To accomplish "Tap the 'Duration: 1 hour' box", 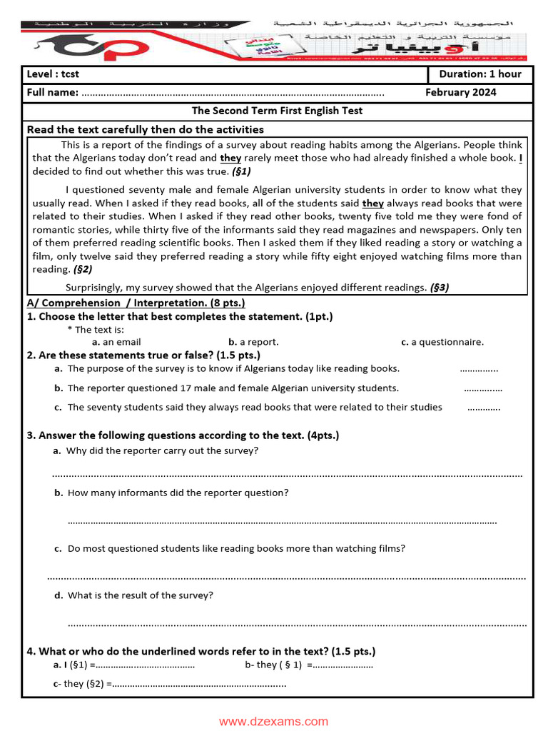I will [x=479, y=74].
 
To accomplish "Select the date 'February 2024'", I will [x=460, y=92].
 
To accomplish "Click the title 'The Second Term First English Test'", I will [x=277, y=111].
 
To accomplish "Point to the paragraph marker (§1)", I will [x=241, y=171].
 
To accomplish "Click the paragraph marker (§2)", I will [x=82, y=269].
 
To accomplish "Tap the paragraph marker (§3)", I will [x=439, y=287].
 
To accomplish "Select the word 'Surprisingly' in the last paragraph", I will [x=94, y=287].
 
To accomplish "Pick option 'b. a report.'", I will [x=253, y=342].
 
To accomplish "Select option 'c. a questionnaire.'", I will [x=442, y=342].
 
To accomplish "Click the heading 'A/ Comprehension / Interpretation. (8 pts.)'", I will [x=136, y=303].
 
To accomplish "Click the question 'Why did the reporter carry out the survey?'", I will [x=162, y=450].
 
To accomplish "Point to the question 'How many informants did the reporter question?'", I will [x=178, y=493].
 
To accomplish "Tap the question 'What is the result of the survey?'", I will [x=140, y=595].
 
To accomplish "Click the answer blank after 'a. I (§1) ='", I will [x=145, y=665].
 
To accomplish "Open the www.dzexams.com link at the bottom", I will [x=273, y=721].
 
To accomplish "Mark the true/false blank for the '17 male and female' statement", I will [x=483, y=389].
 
